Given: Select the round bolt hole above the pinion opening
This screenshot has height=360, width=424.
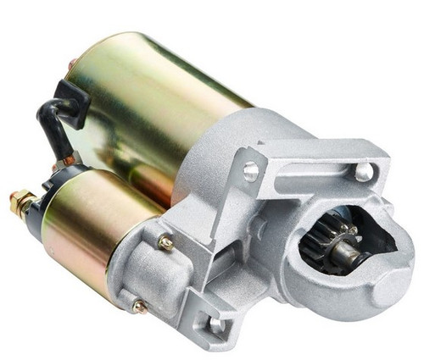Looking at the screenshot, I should click(364, 173).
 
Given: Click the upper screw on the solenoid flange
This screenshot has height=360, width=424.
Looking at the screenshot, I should click(166, 243).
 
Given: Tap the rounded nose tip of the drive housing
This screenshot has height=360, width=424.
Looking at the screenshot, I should click(397, 280).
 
